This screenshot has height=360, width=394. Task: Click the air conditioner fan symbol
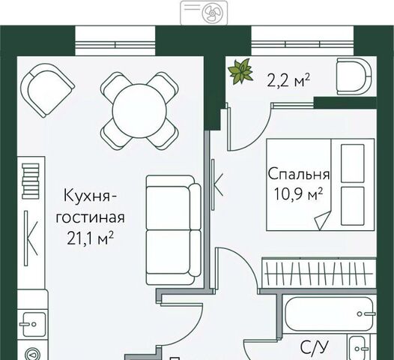[x=211, y=13]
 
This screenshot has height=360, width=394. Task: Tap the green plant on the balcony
[x=240, y=71]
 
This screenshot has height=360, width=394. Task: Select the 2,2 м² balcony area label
[x=288, y=80]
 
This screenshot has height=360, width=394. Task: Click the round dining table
[x=139, y=111]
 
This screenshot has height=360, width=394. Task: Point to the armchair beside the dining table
[x=47, y=90]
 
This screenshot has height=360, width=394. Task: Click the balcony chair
[x=354, y=76]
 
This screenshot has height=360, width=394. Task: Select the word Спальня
[x=299, y=174]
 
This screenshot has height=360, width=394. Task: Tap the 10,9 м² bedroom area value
[x=299, y=194]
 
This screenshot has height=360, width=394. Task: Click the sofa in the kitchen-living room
[x=174, y=230]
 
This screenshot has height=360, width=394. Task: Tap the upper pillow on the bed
[x=353, y=163]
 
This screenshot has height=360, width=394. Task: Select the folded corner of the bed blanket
[x=322, y=220]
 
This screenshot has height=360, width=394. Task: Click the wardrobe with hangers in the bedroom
[x=319, y=273]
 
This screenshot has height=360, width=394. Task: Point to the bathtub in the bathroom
[x=329, y=313]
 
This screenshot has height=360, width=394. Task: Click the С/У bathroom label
[x=314, y=348]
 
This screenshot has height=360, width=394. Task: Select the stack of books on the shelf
[x=31, y=181]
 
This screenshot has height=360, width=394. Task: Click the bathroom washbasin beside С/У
[x=358, y=348]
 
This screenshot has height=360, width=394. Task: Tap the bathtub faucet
[x=366, y=314]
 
